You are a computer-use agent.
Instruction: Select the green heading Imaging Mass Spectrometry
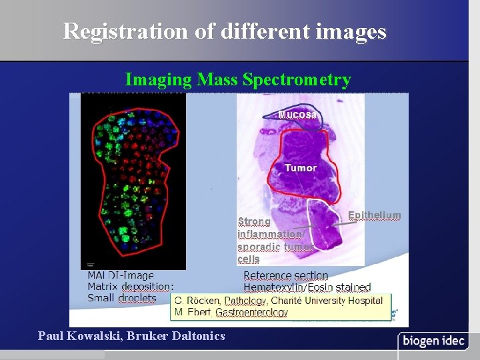(238, 80)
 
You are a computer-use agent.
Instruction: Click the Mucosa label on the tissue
(297, 114)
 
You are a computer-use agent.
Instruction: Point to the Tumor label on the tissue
(300, 168)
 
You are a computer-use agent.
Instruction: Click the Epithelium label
(374, 215)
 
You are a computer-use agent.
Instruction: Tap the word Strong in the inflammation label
(254, 221)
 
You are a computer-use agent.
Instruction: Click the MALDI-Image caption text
(120, 275)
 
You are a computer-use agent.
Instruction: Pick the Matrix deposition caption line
(131, 287)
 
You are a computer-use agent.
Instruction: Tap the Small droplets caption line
(121, 298)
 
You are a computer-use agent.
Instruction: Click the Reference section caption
(285, 275)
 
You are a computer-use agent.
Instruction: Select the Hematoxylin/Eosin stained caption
(307, 287)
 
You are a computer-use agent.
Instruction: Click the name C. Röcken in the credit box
(197, 301)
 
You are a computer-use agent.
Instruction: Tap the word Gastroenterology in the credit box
(251, 312)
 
